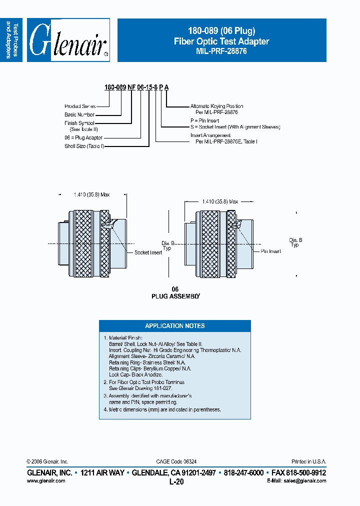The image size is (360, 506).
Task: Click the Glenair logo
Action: click(68, 40)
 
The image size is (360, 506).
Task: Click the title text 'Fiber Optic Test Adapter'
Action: click(221, 41)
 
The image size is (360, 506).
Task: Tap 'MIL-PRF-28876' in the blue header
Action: click(221, 51)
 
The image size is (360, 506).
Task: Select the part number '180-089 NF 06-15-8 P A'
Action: click(136, 87)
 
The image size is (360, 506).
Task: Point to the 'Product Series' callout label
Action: click(79, 106)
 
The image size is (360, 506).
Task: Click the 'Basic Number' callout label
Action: click(79, 114)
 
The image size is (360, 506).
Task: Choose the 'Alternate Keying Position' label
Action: click(216, 106)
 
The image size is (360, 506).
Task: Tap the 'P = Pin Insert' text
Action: click(205, 120)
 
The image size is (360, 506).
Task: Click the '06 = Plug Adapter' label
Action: click(83, 137)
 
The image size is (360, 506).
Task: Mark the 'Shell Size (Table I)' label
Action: click(84, 146)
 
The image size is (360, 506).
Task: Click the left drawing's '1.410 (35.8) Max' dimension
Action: click(91, 194)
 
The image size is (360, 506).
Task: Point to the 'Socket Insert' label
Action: click(148, 252)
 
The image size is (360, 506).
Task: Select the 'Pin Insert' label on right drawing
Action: click(270, 251)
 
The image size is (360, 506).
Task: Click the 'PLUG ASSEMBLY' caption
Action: click(175, 296)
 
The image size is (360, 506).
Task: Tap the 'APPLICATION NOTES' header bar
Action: click(175, 325)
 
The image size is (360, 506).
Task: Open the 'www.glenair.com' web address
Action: click(45, 480)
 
